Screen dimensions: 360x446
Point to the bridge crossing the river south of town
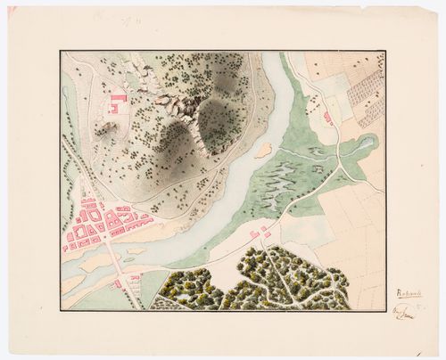click(x=114, y=258)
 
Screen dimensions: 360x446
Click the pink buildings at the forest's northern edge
click(x=259, y=233)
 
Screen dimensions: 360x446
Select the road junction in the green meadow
click(x=338, y=166)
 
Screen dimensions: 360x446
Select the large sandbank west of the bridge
click(x=85, y=266)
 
